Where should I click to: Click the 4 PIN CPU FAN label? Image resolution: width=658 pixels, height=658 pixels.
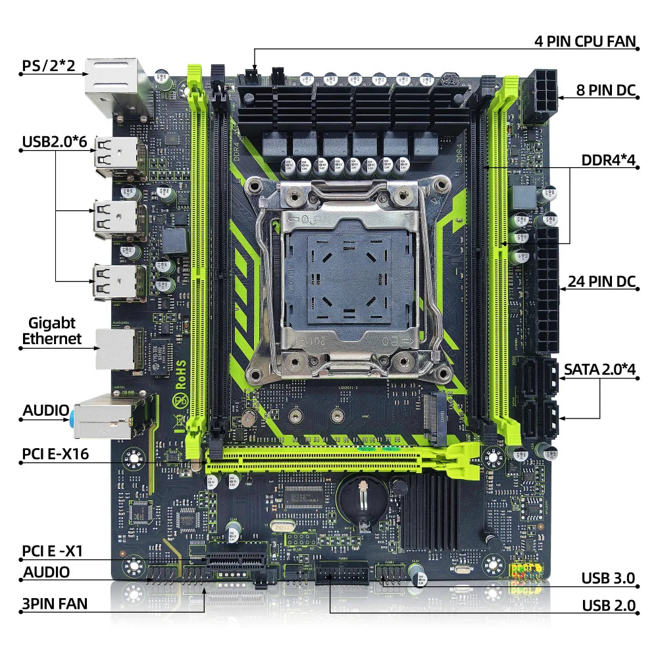tap(584, 41)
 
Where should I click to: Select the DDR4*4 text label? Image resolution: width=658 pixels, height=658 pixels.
tap(608, 161)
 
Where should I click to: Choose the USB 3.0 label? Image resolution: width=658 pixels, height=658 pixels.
tap(607, 578)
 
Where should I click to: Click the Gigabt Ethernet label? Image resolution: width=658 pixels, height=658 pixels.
tap(52, 331)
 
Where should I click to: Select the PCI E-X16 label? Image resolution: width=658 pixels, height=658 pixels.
tap(56, 453)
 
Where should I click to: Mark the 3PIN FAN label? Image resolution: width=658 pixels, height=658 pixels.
tap(55, 603)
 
